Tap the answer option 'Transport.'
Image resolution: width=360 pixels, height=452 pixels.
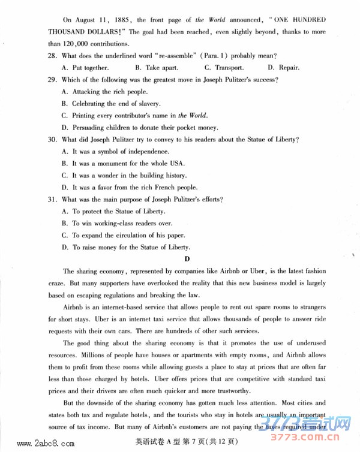click(229, 68)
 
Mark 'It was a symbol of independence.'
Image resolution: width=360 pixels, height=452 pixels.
click(121, 152)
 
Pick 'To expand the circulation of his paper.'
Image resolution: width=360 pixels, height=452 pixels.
click(128, 236)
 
